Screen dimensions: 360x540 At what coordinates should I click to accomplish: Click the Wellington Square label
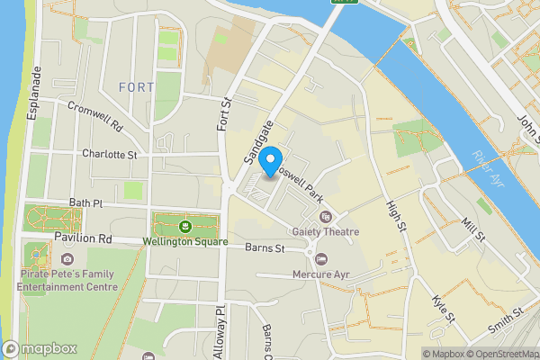(x=182, y=241)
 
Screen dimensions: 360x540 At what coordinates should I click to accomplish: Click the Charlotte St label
(x=109, y=155)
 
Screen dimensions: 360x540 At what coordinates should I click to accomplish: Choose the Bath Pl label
(x=87, y=204)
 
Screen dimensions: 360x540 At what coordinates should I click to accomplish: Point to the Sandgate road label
(x=257, y=144)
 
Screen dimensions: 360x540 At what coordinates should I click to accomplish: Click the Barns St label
(x=266, y=247)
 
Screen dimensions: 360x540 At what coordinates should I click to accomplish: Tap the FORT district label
(x=136, y=87)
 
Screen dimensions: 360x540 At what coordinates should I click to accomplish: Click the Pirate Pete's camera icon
(x=67, y=259)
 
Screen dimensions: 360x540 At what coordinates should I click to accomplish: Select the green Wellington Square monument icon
(x=184, y=225)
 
